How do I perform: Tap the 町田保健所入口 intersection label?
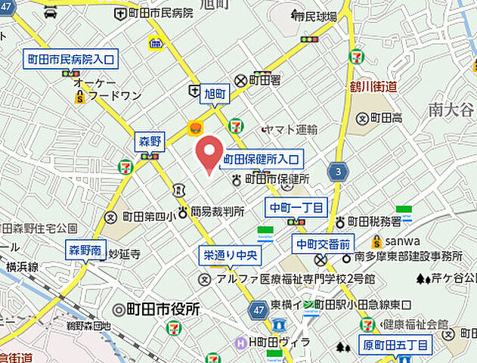(x=262, y=160)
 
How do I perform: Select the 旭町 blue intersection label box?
(x=215, y=95)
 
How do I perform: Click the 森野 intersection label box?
(x=150, y=141)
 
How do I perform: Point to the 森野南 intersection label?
(x=87, y=250)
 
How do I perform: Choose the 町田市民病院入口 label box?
(x=71, y=58)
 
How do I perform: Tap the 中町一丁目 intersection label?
(x=296, y=206)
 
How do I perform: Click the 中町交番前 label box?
(x=323, y=244)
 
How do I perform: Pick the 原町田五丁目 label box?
(x=395, y=346)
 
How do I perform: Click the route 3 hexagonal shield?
(x=339, y=172)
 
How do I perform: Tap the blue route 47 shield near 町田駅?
(x=258, y=309)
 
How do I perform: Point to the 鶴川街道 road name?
(x=374, y=86)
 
